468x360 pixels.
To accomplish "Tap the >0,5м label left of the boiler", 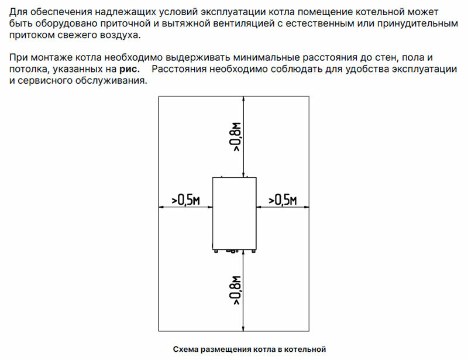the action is point(186,200).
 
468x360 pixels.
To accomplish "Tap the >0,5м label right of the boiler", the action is point(283,200).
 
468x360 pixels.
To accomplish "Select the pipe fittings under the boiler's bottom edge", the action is point(235,250).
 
